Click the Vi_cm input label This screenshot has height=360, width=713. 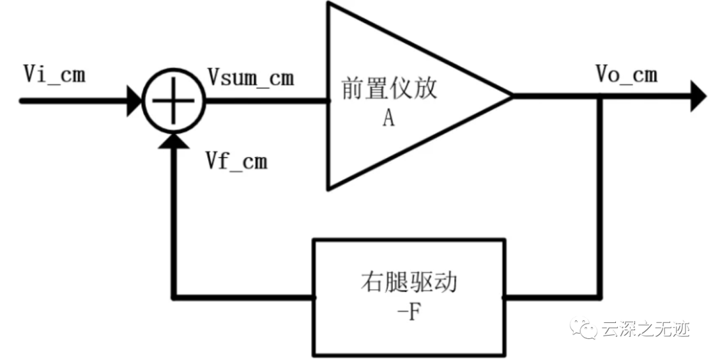tap(53, 75)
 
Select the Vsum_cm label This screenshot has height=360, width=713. tap(250, 78)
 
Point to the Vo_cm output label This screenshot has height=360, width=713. tap(626, 75)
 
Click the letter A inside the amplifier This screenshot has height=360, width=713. tap(388, 118)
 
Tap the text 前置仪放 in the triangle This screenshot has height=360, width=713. tap(390, 89)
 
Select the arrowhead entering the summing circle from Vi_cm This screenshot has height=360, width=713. tap(134, 101)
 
